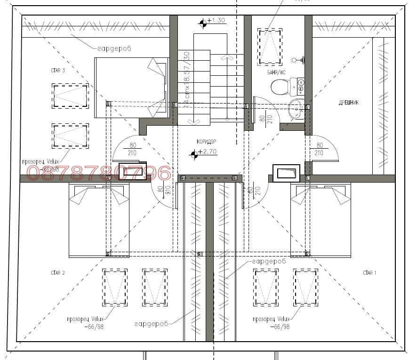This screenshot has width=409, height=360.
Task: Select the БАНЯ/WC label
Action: tap(276, 72)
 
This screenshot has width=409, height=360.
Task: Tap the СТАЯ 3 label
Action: tap(57, 70)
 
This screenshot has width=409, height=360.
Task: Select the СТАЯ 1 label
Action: tap(369, 273)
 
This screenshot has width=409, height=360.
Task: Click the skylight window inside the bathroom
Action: tap(270, 46)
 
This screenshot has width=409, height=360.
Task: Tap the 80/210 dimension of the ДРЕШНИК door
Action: tap(319, 149)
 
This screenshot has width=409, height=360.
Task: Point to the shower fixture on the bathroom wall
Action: tap(301, 60)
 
